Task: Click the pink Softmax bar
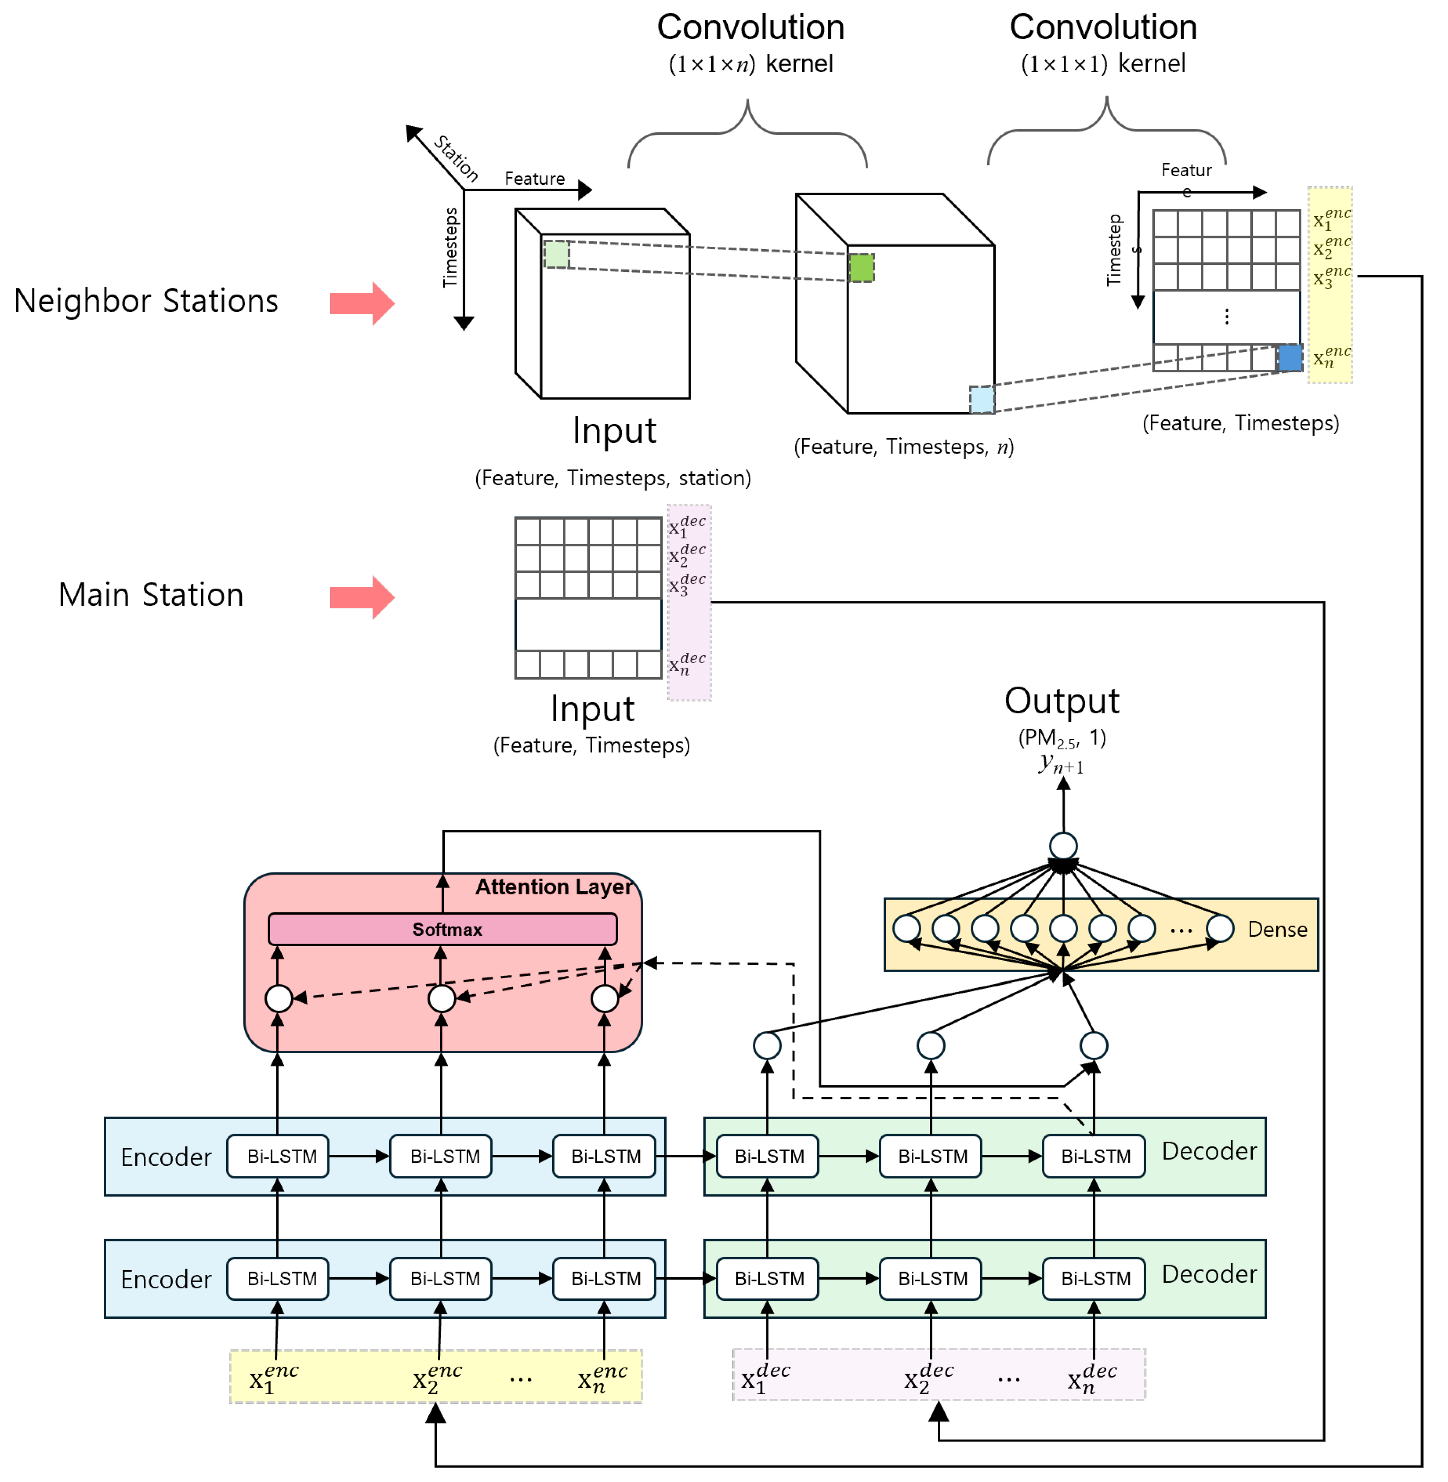point(443,929)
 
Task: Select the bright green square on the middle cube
point(862,268)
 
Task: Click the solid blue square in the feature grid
point(1290,358)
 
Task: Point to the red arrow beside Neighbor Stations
point(362,304)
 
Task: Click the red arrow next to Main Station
point(362,597)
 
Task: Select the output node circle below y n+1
point(1063,845)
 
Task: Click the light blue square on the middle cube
point(982,400)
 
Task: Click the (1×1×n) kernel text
point(751,64)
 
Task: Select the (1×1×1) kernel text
point(1103,64)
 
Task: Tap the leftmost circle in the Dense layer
point(906,928)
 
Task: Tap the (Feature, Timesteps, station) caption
point(613,478)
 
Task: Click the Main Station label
point(151,595)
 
